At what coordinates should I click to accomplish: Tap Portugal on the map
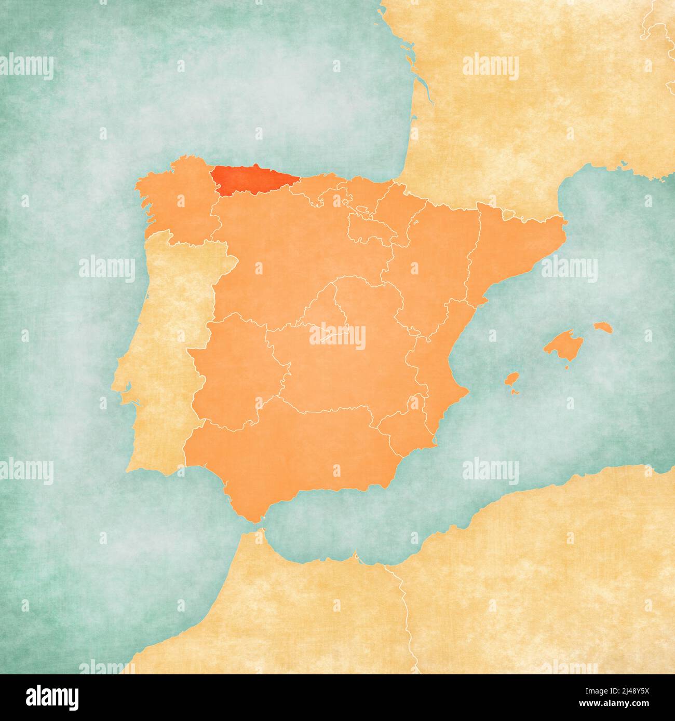coord(166,337)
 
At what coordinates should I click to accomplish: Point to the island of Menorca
coord(603,327)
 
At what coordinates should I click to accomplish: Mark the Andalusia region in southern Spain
coord(291,456)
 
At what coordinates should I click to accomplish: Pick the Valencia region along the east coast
coord(434,363)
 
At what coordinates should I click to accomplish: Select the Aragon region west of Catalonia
coord(436,259)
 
